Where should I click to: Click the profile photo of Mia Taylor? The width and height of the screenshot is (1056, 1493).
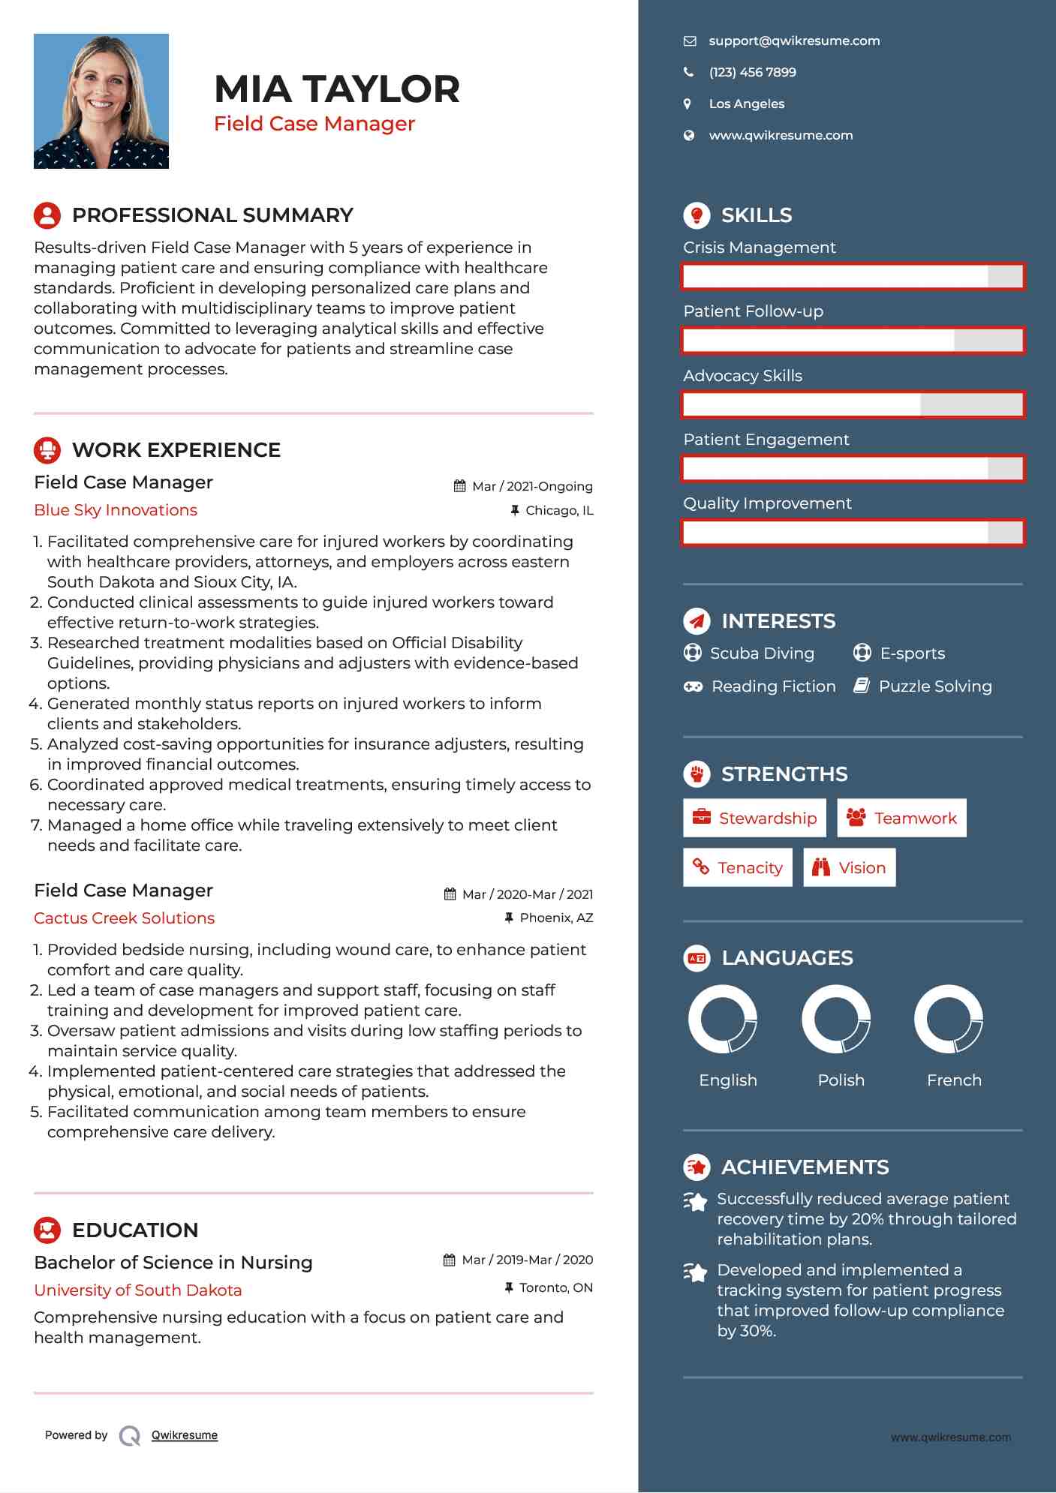coord(101,101)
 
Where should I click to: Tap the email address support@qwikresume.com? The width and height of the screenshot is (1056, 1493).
coord(794,41)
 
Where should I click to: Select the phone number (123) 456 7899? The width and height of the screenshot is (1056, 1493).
coord(752,73)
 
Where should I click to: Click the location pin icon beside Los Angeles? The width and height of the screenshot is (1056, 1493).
coord(687,104)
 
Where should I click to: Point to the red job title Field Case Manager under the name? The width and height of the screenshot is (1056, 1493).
coord(314,124)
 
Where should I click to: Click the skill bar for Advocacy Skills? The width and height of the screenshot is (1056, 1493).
coord(853,405)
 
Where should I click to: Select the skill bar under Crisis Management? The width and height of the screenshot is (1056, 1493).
coord(853,276)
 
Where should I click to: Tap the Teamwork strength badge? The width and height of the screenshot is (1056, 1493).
coord(901,818)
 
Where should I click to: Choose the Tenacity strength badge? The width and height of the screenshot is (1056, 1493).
coord(738,867)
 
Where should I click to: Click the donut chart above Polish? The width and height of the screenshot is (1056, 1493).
coord(836,1019)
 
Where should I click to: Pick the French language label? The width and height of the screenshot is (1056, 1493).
coord(954,1080)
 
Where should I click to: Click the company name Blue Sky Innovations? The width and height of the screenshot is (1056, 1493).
coord(116,510)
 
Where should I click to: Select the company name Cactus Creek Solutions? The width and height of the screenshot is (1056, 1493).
coord(125,918)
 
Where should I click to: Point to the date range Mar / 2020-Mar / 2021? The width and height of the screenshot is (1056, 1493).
coord(527,894)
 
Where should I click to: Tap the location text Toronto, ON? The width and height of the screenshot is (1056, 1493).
coord(555,1287)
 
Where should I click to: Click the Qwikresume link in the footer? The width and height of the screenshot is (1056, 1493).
coord(185,1435)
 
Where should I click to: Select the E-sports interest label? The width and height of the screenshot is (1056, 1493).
coord(912,653)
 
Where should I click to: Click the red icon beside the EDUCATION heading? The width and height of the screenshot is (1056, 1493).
coord(47,1230)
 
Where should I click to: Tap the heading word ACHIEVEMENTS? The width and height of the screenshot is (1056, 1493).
coord(805,1167)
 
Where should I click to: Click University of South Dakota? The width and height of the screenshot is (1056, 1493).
coord(138,1290)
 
